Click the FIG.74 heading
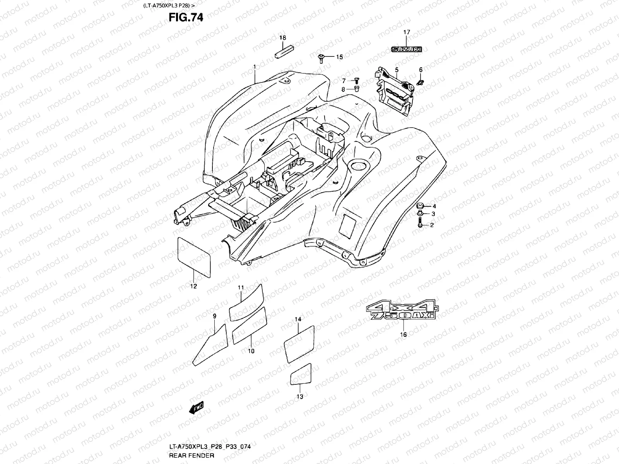tap(186, 17)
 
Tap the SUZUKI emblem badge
tap(406, 49)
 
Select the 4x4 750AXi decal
tap(402, 310)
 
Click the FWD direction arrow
tap(196, 408)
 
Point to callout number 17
tap(407, 32)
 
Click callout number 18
tap(282, 38)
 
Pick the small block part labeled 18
tap(284, 52)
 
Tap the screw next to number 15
tap(321, 59)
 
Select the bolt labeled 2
tap(420, 222)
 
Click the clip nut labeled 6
tap(420, 82)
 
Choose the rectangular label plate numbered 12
tap(194, 257)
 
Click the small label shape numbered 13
tap(301, 374)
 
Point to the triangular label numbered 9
tap(210, 345)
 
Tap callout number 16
tap(403, 334)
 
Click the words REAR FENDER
tap(192, 455)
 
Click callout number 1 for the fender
tap(255, 67)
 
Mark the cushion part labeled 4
tap(420, 206)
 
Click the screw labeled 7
tap(356, 81)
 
